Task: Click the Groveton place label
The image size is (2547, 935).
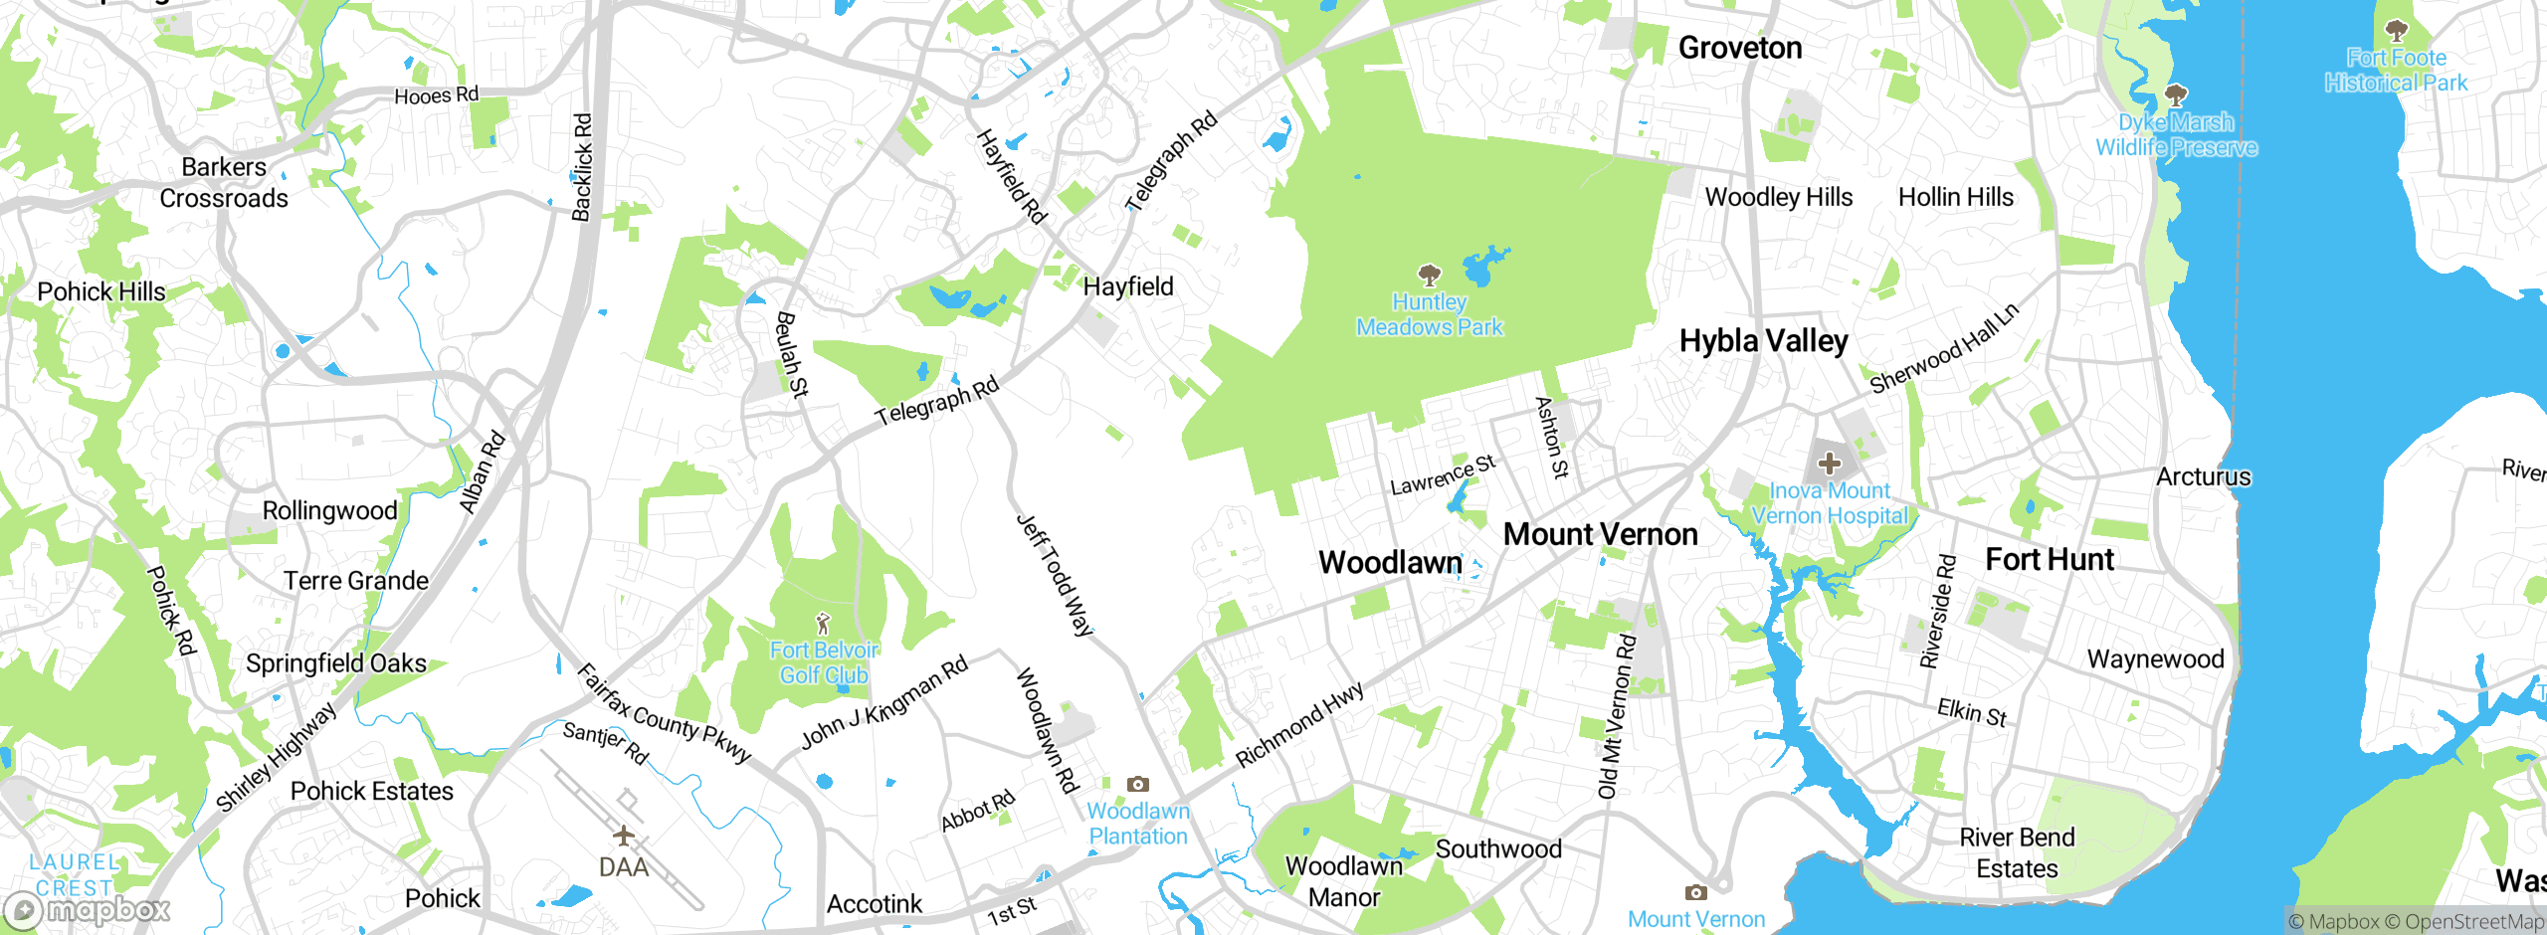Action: [1739, 48]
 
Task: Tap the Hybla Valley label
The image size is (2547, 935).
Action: [1763, 341]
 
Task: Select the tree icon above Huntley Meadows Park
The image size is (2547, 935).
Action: [1430, 275]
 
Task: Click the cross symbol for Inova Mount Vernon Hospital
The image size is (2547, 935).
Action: [1829, 463]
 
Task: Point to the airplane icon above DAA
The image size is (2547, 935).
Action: [624, 835]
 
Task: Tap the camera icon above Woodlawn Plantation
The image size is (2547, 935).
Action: [1138, 784]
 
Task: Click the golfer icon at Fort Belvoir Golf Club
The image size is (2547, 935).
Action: [823, 624]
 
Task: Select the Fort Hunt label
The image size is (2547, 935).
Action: [2050, 559]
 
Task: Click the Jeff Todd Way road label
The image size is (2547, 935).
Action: [1055, 575]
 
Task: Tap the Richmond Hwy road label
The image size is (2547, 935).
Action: [1299, 725]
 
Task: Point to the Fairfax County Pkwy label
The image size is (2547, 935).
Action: [664, 713]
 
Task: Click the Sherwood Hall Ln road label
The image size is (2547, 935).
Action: [1944, 349]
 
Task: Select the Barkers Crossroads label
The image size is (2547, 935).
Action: [224, 183]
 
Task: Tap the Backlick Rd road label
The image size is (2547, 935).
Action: [582, 167]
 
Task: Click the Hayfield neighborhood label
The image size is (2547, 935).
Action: [1128, 286]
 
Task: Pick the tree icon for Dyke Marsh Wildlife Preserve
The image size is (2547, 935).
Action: [2176, 95]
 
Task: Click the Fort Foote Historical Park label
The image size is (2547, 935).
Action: [2396, 70]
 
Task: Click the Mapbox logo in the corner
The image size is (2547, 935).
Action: [88, 910]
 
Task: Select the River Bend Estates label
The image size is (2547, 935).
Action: [2017, 852]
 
